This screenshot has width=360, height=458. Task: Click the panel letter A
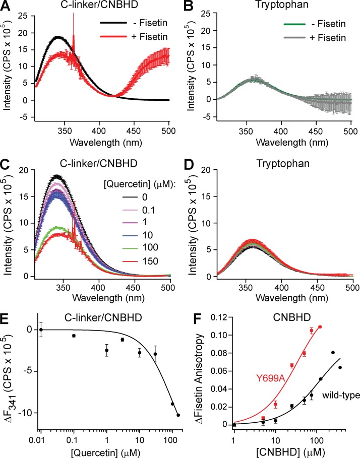(7, 7)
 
